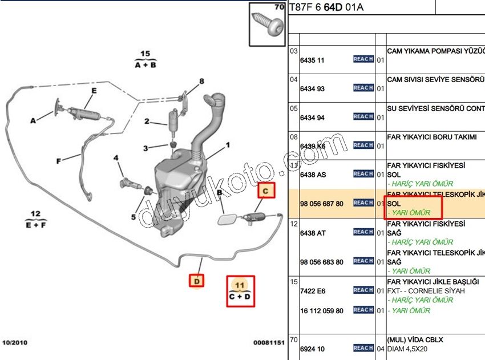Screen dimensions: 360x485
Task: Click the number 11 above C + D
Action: (x=240, y=284)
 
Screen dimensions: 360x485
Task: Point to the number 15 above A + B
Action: (x=145, y=54)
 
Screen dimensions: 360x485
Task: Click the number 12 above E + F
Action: (x=35, y=214)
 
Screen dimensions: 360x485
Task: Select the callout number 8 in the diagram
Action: (x=201, y=81)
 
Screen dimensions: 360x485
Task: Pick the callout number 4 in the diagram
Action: (x=116, y=158)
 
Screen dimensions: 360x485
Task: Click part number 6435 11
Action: (x=313, y=60)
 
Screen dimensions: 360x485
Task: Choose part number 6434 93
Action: (x=313, y=88)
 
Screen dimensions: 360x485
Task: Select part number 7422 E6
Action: (x=313, y=291)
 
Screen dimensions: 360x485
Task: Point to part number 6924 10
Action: (x=313, y=349)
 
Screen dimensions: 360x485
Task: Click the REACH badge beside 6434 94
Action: (x=363, y=116)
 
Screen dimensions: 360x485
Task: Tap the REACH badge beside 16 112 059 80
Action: (x=363, y=310)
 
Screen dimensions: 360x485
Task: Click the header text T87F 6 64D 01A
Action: (x=326, y=7)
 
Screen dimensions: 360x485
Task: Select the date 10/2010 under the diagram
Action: (x=15, y=342)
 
